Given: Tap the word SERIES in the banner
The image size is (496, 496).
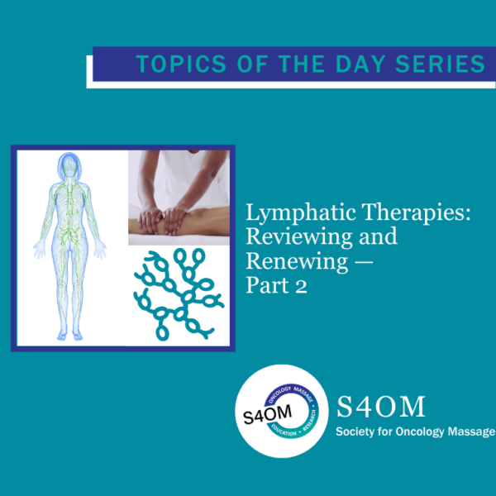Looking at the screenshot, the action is (x=440, y=64).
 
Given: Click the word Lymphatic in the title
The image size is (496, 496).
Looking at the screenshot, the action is (x=301, y=213).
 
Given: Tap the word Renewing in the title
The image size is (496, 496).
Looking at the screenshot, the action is (x=297, y=262).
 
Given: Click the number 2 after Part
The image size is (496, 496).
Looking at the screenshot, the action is (x=301, y=287).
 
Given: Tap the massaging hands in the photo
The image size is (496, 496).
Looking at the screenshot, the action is (x=163, y=219).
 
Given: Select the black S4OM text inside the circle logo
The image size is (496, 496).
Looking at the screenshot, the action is (x=268, y=414).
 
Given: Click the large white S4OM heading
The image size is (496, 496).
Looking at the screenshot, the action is (x=381, y=407).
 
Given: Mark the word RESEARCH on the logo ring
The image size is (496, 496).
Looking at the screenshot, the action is (x=310, y=421).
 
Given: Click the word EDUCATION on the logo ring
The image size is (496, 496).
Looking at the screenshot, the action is (x=284, y=431).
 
